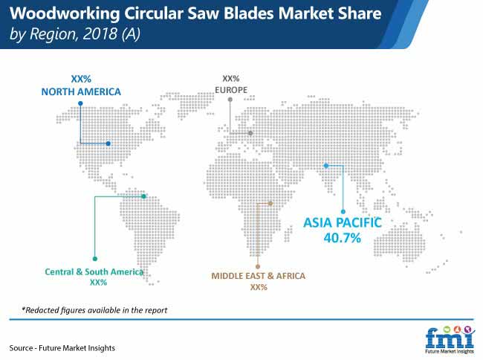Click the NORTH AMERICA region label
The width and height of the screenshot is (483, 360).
81,91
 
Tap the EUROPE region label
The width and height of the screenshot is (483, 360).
231,90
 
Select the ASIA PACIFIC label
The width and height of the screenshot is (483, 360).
343,222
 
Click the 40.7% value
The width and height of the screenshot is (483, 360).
343,237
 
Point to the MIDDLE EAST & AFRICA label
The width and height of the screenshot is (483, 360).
258,275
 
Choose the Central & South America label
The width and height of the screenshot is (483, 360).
94,271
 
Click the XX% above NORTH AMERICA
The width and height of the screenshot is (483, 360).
81,79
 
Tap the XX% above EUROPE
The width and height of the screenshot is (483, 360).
231,79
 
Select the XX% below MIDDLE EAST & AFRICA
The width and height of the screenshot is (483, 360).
259,287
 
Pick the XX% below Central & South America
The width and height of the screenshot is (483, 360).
98,283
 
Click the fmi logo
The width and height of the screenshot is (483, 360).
450,339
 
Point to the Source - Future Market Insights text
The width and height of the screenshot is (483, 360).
62,348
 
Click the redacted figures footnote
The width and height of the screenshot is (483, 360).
94,310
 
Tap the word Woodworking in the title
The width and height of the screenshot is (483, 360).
65,14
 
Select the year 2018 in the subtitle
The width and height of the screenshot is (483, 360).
100,34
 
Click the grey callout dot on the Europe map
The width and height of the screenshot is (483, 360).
250,133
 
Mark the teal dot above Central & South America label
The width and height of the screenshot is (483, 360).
95,259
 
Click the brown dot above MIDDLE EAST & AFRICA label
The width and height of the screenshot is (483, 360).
258,266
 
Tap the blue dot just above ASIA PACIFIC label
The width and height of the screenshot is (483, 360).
343,212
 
